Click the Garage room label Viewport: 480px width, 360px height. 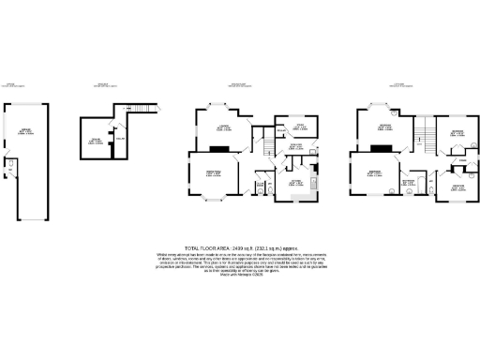point(24,131)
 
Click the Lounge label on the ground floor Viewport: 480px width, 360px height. point(224,127)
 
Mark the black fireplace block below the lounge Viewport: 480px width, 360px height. point(219,147)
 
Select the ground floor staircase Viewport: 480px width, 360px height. point(266,145)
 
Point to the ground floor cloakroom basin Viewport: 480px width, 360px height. point(271,191)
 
